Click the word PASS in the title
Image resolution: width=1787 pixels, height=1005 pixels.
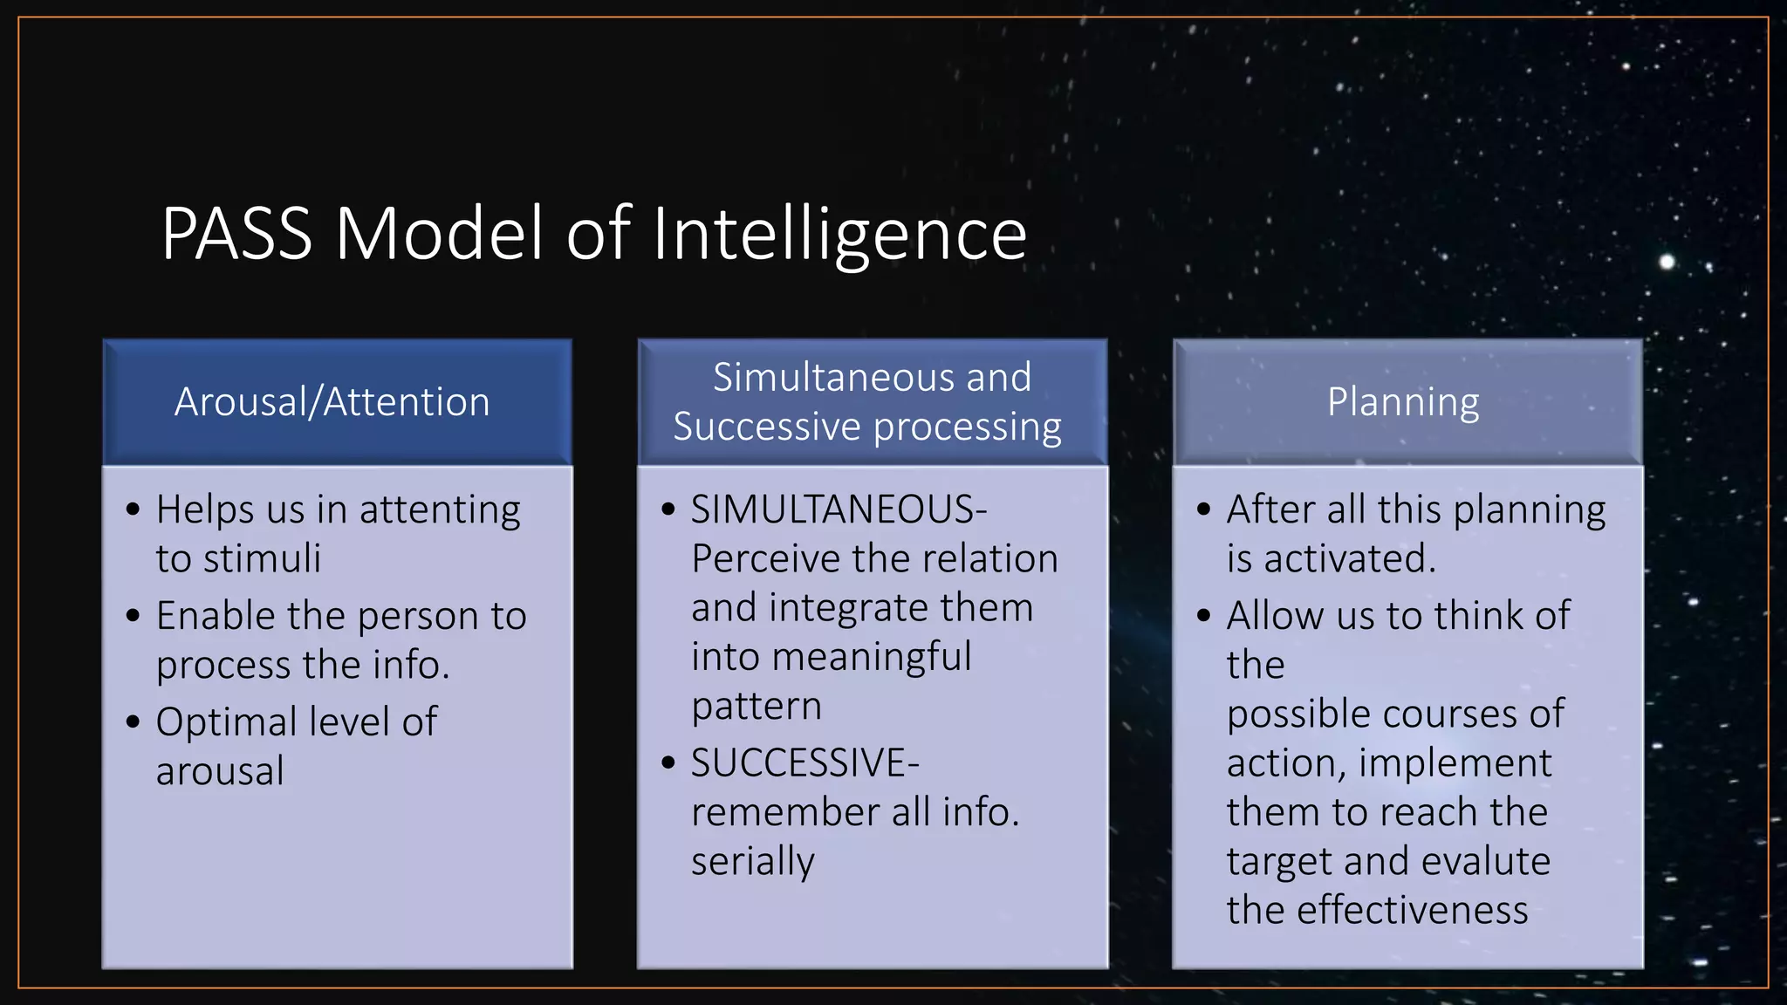tap(236, 234)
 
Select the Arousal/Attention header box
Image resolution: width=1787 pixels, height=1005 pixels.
tap(337, 402)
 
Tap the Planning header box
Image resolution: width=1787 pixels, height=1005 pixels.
tap(1407, 402)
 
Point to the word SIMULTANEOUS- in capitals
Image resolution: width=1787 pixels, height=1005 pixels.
tap(839, 509)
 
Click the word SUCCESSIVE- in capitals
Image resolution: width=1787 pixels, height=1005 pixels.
tap(804, 763)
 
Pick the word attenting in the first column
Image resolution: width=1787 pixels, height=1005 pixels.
tap(440, 510)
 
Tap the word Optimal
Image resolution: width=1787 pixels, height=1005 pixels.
tap(227, 723)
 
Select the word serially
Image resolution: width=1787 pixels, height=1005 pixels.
tap(752, 862)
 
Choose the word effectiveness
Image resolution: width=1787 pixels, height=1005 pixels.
tap(1412, 911)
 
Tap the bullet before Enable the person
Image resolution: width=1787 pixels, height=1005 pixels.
tap(133, 617)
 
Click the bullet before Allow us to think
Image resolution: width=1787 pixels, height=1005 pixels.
tap(1204, 617)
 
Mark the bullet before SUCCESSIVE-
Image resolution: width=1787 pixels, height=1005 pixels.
tap(668, 763)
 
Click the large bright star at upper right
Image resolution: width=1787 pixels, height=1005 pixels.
tap(1667, 262)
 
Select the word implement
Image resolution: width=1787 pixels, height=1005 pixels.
tap(1455, 764)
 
